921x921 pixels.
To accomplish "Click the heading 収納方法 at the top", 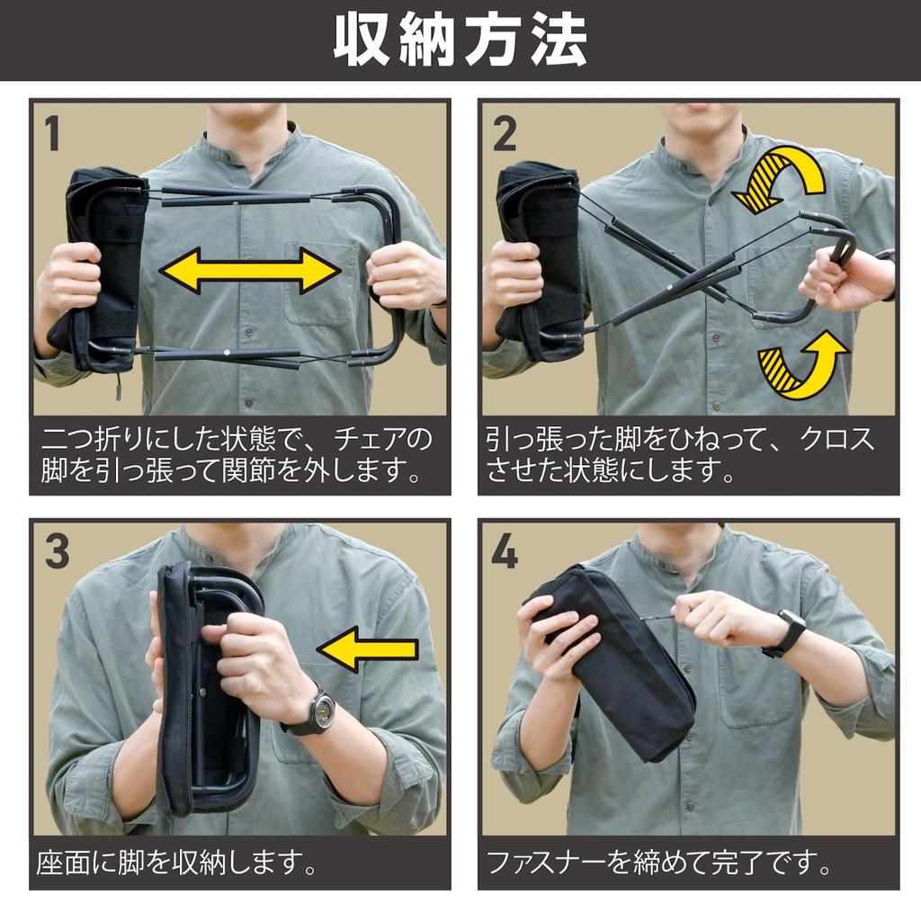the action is coord(460,40).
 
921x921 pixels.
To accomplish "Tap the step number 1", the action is coord(52,133).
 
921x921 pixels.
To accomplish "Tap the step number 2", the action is coord(505,133).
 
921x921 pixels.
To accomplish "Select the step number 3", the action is coord(57,551).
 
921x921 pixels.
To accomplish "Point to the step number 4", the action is coord(505,551).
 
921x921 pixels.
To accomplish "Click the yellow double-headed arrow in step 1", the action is coord(250,270).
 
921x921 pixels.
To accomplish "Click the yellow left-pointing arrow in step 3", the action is coord(367,648).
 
